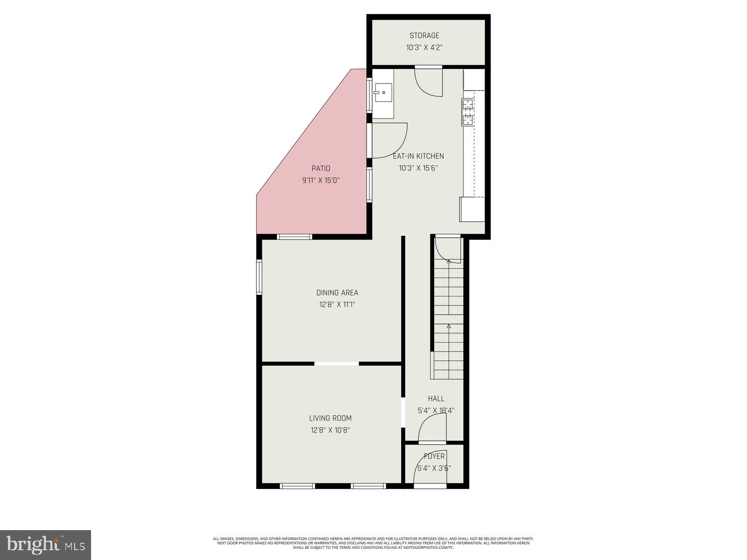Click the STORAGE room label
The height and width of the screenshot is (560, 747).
tap(424, 35)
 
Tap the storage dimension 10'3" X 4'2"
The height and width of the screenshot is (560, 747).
tap(424, 47)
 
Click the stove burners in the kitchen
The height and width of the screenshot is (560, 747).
tap(467, 112)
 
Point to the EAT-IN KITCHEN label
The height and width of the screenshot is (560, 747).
tap(418, 156)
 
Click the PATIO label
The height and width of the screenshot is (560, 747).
tap(321, 168)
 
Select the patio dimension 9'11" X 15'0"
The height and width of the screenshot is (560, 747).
tap(321, 180)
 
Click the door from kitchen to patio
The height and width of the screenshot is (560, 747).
tap(388, 140)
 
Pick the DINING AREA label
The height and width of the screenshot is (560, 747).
tap(337, 293)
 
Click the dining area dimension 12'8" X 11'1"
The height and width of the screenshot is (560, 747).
tap(337, 305)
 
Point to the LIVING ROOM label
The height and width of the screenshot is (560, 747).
tap(330, 419)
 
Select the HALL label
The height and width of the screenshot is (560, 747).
tap(436, 399)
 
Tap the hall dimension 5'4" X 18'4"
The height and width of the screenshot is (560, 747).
tap(436, 411)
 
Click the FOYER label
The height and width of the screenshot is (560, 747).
tap(434, 456)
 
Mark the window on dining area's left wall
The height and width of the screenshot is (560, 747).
tap(259, 277)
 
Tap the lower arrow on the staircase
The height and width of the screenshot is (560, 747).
tap(449, 327)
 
